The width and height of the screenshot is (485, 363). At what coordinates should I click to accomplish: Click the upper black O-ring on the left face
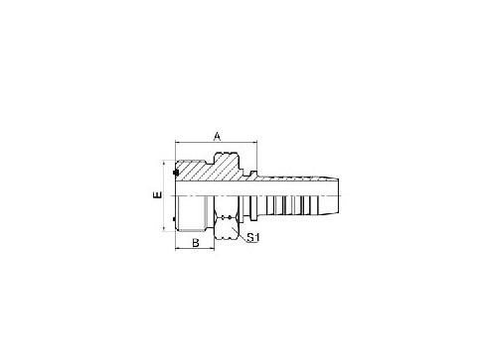pyautogui.click(x=176, y=177)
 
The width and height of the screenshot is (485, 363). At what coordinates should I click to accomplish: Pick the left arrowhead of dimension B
pyautogui.click(x=178, y=248)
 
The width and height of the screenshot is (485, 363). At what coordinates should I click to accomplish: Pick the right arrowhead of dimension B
pyautogui.click(x=212, y=248)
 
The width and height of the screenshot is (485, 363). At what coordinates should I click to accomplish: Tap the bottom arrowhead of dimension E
pyautogui.click(x=164, y=230)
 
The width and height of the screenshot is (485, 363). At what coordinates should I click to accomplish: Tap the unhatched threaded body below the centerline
pyautogui.click(x=195, y=213)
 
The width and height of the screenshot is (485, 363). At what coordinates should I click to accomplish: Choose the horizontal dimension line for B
pyautogui.click(x=195, y=248)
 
